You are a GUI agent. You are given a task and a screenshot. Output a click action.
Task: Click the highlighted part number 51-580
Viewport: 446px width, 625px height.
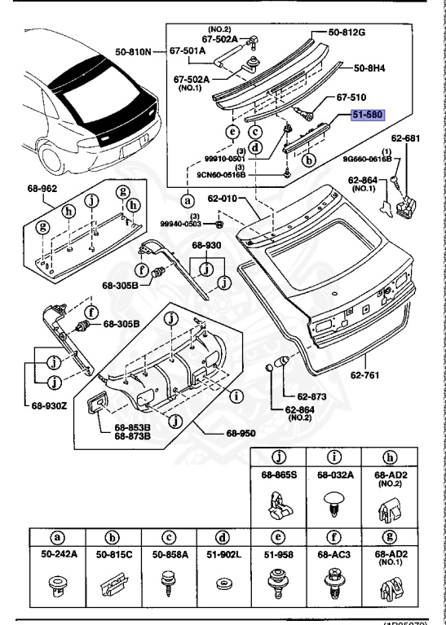coord(368,116)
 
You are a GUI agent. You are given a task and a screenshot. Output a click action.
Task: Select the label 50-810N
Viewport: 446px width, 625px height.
coord(133,52)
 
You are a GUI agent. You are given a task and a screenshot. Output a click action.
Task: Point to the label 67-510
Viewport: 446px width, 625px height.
coord(352,96)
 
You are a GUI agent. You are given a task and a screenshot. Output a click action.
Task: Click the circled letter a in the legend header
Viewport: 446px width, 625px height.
coord(56,538)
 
